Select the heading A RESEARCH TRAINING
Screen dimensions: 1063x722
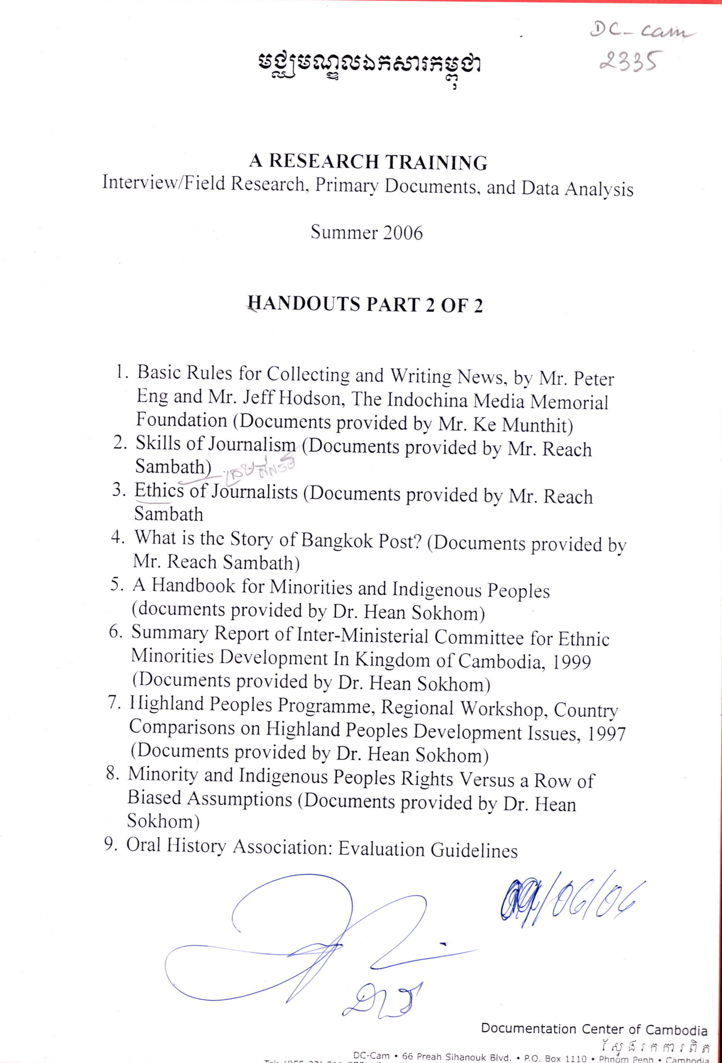368,162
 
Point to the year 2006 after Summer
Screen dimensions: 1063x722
403,233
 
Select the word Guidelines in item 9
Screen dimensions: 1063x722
474,850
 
